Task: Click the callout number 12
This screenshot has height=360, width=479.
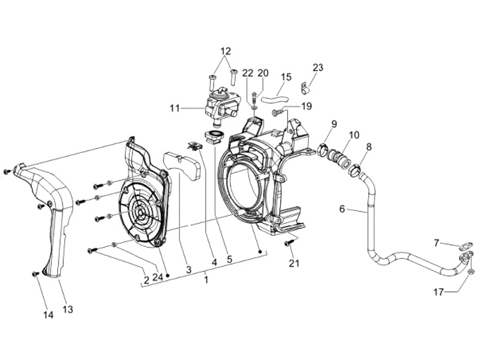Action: coord(226,51)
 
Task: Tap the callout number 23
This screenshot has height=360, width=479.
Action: coord(317,67)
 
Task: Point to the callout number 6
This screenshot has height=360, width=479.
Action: coord(342,209)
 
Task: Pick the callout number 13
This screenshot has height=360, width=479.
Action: coord(68,309)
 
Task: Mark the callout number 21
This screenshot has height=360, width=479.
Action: coord(294,264)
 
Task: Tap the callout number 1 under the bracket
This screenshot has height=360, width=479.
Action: coord(206,280)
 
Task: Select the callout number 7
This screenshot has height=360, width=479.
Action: coord(436,242)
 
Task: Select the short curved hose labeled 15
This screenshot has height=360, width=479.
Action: coord(272,99)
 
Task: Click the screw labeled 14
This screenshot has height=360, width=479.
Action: coord(35,274)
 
